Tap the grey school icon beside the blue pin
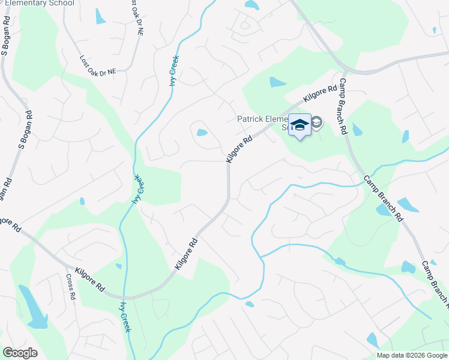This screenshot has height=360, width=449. [316, 124]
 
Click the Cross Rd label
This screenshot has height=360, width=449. [70, 287]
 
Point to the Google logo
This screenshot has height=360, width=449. [20, 353]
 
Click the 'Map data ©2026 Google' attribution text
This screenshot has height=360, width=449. [411, 355]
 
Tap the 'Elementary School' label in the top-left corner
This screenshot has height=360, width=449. [39, 3]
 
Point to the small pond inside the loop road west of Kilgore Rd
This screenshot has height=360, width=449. [202, 133]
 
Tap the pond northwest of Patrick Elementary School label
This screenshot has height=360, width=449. [277, 82]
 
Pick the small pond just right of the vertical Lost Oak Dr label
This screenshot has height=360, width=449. [100, 16]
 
